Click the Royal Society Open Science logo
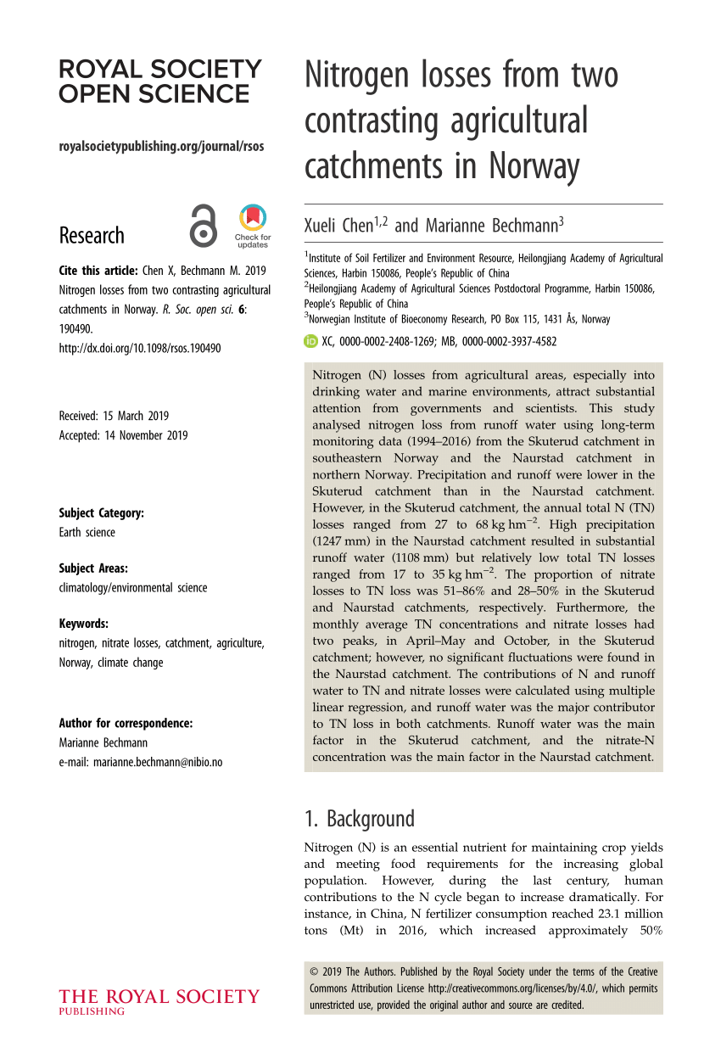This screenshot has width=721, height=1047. pyautogui.click(x=160, y=81)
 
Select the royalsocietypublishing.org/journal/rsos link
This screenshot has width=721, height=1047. pyautogui.click(x=161, y=146)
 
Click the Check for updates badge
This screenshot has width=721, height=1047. pyautogui.click(x=253, y=226)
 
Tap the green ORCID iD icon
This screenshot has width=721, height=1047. pyautogui.click(x=310, y=341)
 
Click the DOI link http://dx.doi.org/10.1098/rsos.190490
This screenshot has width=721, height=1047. pyautogui.click(x=140, y=348)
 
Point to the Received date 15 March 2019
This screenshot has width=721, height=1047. pyautogui.click(x=114, y=416)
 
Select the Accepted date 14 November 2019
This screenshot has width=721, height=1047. pyautogui.click(x=123, y=435)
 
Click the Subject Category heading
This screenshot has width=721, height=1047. pyautogui.click(x=101, y=512)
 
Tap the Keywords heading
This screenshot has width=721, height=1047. pyautogui.click(x=83, y=623)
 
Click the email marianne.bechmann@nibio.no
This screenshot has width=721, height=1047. pyautogui.click(x=140, y=762)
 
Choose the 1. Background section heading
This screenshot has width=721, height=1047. pyautogui.click(x=360, y=819)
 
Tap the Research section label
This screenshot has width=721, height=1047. pyautogui.click(x=92, y=235)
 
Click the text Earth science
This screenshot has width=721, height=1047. pyautogui.click(x=87, y=532)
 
